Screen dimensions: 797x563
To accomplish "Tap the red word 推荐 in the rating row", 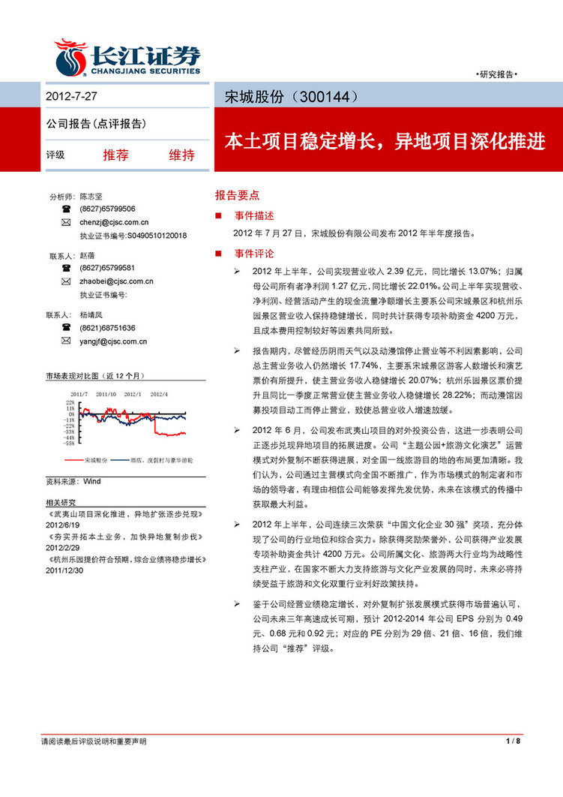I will pos(115,155).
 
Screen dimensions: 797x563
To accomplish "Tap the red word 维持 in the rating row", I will pos(181,155).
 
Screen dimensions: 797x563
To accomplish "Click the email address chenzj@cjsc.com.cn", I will pos(114,223).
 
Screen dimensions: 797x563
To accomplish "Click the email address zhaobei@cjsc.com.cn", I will pos(116,281).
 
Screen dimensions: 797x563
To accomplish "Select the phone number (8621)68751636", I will pos(107,328).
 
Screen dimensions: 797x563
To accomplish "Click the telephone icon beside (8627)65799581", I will pos(66,268).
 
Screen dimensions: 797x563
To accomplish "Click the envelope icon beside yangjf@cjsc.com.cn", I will pos(66,341).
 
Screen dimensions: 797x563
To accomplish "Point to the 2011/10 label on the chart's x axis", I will pos(105,393).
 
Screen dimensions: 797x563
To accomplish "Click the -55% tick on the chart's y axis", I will pos(68,443).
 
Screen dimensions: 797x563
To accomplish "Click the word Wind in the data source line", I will pos(91,480).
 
